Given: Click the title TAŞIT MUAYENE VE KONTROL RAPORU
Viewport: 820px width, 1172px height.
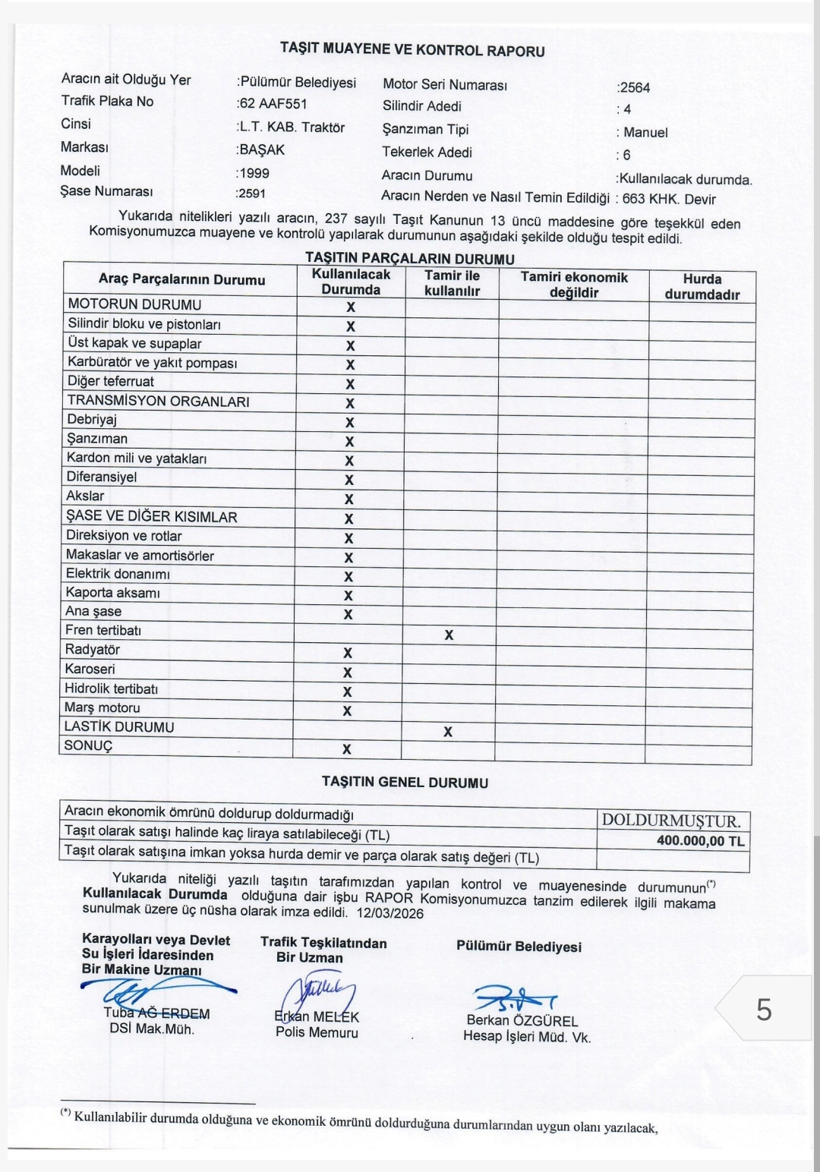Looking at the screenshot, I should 412,50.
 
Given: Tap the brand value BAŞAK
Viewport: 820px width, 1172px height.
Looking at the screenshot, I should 262,150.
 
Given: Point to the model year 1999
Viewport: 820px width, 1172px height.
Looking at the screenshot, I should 254,173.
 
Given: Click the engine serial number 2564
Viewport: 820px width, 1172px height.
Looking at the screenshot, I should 635,87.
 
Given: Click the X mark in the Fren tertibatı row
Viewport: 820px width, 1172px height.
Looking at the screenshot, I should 449,635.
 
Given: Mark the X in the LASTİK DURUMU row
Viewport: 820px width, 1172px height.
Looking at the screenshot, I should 448,732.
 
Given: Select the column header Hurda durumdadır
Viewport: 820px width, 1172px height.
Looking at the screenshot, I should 702,287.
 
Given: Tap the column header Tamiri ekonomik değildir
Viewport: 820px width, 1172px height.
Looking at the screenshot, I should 574,285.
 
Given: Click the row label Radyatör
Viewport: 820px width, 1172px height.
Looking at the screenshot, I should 92,650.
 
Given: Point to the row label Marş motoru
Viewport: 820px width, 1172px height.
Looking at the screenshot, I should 102,707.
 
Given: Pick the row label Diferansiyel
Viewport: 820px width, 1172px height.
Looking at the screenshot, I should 101,477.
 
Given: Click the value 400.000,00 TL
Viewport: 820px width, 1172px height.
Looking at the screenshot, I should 700,841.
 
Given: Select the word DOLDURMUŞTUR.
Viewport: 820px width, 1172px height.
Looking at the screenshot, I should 671,821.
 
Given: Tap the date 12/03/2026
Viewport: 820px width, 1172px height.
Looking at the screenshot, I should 393,913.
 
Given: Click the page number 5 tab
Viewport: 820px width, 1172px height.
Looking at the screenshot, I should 764,1010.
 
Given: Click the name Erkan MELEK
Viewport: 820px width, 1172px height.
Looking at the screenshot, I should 317,1017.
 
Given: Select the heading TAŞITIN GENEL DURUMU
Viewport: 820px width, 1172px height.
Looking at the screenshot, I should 405,783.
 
